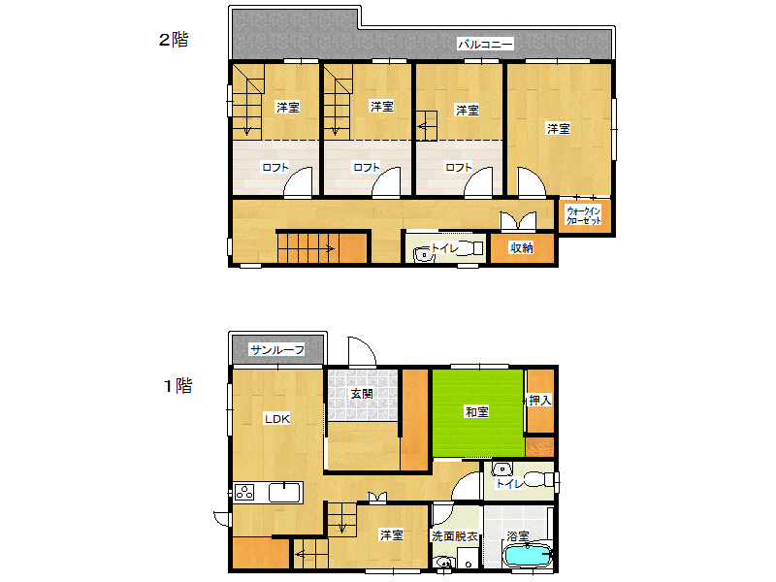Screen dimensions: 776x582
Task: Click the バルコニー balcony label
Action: (x=485, y=45)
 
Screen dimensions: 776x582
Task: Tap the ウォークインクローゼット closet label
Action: (x=584, y=215)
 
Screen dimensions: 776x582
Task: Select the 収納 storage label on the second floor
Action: (x=522, y=248)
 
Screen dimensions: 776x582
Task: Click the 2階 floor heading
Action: (x=174, y=40)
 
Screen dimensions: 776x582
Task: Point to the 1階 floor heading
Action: (x=178, y=385)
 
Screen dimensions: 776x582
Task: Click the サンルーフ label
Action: (x=277, y=350)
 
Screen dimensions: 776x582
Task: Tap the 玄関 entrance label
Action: (x=362, y=394)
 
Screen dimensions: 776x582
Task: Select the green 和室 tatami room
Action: (x=478, y=413)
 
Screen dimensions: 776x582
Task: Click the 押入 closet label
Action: (x=540, y=400)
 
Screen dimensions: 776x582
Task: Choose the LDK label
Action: (x=277, y=419)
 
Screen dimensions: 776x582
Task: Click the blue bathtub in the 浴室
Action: (x=527, y=555)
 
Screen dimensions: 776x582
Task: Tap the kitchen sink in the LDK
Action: (x=284, y=493)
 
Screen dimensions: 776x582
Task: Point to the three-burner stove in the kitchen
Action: (x=244, y=493)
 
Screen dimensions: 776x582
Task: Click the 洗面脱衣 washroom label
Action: (x=455, y=536)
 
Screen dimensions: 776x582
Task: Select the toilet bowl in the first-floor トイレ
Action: (x=535, y=479)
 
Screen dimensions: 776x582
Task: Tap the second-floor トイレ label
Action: (x=445, y=248)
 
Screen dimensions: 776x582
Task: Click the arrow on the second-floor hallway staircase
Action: (x=307, y=248)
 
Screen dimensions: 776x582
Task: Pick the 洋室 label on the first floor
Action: (x=392, y=535)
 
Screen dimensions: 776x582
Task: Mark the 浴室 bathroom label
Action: (x=518, y=536)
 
